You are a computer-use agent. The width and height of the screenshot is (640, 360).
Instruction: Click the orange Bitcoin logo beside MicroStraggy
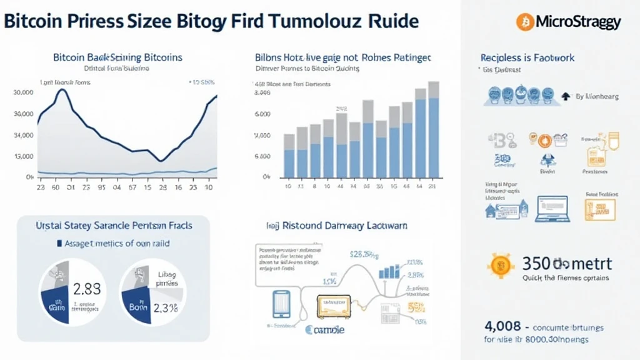(x=524, y=22)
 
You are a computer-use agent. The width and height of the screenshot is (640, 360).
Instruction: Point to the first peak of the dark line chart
(x=61, y=90)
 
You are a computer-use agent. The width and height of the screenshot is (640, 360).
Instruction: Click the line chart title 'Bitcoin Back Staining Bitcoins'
(x=117, y=57)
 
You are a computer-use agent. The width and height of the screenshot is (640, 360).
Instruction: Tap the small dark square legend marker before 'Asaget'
(x=59, y=243)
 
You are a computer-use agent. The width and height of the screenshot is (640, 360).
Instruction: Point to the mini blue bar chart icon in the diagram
(x=389, y=271)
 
